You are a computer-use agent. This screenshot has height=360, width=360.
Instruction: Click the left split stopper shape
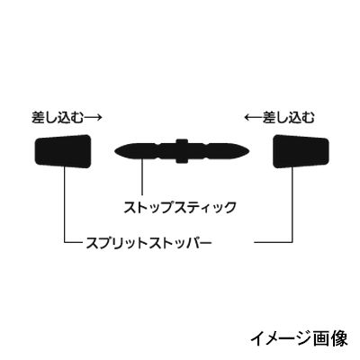coord(63,151)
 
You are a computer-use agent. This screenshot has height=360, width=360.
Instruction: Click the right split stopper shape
coord(301,151)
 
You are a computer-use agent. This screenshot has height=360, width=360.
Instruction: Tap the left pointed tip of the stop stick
coord(115,151)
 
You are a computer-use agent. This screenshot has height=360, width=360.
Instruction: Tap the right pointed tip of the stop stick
coord(249,151)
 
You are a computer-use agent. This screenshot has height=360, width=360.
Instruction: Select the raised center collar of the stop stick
coord(182,151)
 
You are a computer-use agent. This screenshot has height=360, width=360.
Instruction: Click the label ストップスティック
coord(180,208)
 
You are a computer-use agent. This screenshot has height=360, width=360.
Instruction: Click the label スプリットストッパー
coord(148,242)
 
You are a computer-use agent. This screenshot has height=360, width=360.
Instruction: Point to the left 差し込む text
coord(57,117)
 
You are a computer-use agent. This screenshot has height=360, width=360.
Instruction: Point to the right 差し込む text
coord(288,117)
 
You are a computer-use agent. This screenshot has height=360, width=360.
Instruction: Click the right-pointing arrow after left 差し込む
coord(93,118)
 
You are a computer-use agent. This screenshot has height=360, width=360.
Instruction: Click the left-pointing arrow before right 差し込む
coord(254,118)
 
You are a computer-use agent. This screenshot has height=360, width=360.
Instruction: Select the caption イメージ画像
coord(299,338)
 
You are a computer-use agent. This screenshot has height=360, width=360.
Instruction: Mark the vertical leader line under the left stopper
coord(65,204)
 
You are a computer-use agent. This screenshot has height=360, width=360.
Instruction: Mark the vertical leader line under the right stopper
coord(292,204)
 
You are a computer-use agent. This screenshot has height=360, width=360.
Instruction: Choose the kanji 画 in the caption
coord(322,338)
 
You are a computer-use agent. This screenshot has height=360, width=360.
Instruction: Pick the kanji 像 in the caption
coord(339,338)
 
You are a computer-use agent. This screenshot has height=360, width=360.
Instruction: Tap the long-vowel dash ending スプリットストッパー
coord(205,242)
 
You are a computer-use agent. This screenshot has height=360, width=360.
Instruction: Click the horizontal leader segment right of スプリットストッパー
coord(273,242)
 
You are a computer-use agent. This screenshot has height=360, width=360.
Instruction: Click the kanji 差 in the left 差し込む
coord(39,117)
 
